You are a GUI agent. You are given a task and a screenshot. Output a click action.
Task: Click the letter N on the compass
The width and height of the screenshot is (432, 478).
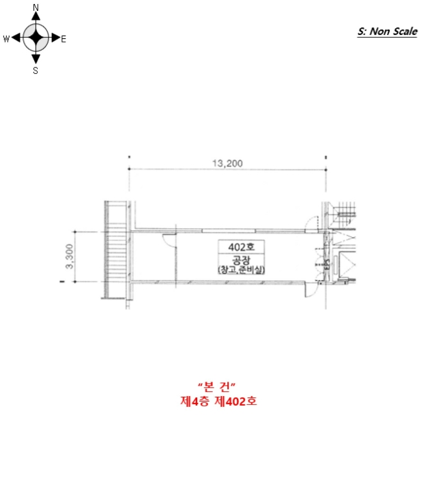pyautogui.click(x=35, y=8)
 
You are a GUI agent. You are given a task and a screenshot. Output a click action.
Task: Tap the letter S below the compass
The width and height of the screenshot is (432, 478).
pyautogui.click(x=35, y=70)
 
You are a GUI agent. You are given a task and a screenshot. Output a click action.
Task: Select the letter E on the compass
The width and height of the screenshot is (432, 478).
pyautogui.click(x=63, y=39)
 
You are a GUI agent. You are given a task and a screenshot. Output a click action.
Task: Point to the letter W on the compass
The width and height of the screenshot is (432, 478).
pyautogui.click(x=6, y=39)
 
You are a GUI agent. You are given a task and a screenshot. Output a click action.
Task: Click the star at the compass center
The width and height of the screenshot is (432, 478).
pyautogui.click(x=36, y=38)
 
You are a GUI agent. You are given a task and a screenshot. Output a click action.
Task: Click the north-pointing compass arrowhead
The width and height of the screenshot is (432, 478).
pyautogui.click(x=36, y=16)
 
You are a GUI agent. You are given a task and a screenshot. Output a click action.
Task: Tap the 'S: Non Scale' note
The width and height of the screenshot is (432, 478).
pyautogui.click(x=387, y=31)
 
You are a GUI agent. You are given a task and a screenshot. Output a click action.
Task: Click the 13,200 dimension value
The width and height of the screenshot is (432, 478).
pyautogui.click(x=227, y=163)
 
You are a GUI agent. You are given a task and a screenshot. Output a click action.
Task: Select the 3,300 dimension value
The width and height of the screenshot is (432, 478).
pyautogui.click(x=70, y=256)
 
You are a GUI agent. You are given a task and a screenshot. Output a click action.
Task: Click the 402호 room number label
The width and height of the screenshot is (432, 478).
pyautogui.click(x=242, y=247)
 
